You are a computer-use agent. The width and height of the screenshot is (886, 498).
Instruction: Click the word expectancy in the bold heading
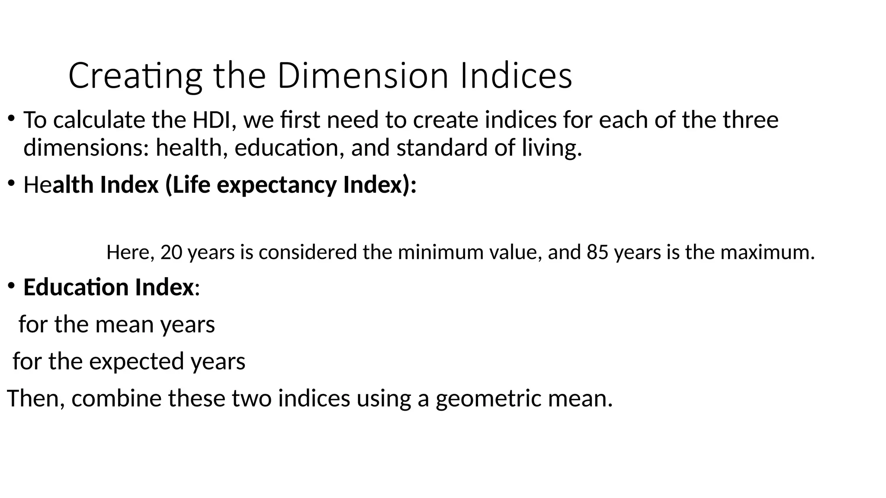coord(276,185)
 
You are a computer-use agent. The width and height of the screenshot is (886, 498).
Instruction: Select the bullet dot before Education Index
coord(12,285)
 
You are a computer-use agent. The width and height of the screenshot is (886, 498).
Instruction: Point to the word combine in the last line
coord(116,398)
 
